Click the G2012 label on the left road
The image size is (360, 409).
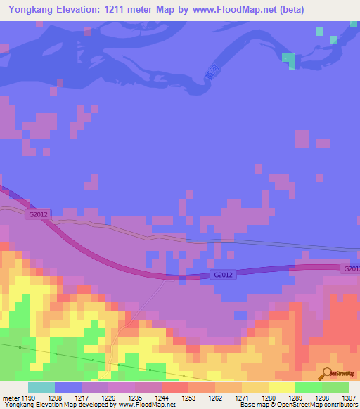tap(38, 213)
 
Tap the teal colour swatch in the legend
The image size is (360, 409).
tap(41, 387)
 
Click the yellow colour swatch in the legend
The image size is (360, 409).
tap(281, 387)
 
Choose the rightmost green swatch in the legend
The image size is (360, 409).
tap(335, 387)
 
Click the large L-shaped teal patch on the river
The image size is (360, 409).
tap(289, 60)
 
